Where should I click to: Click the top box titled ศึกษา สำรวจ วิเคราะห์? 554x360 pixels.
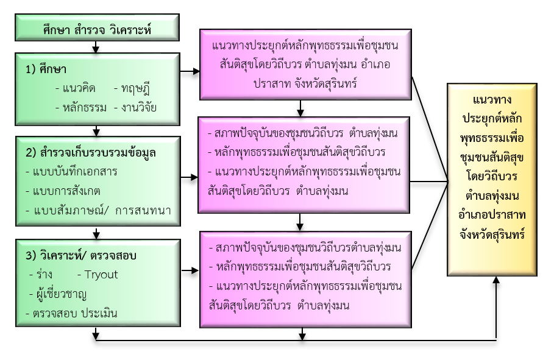[97, 28]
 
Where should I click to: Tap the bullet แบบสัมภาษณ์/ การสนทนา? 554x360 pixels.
[98, 211]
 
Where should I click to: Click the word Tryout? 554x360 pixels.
[101, 274]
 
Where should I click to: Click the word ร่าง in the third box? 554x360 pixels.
[44, 274]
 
